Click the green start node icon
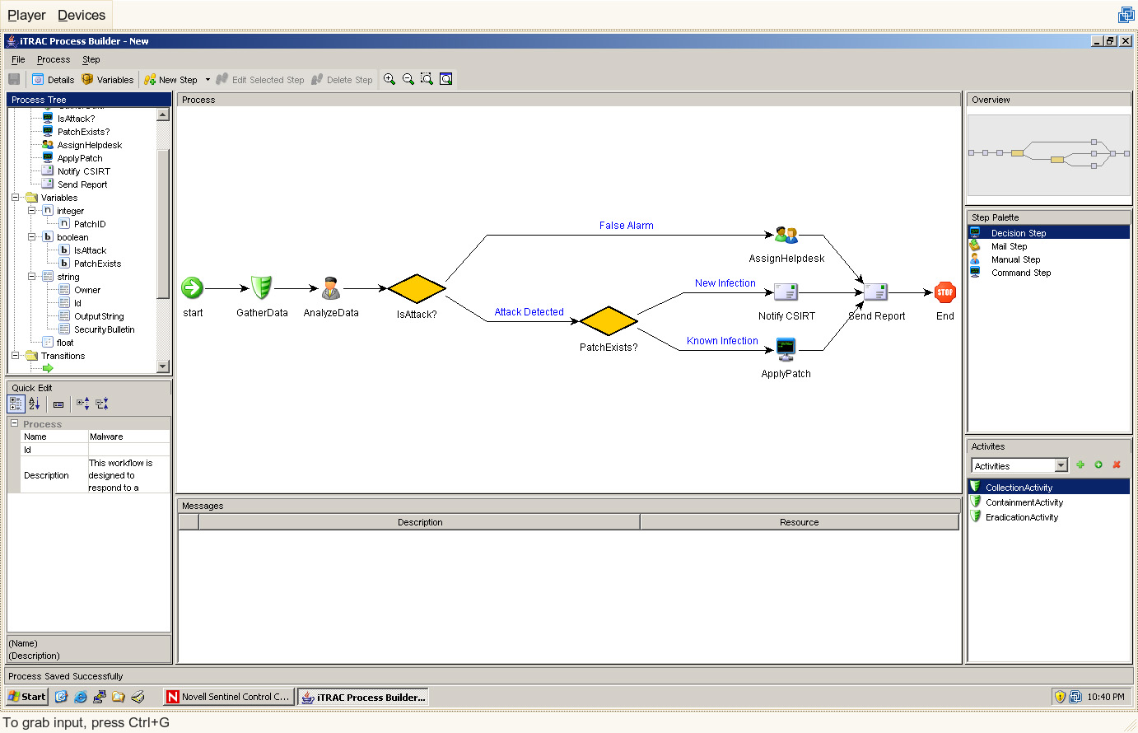coord(192,287)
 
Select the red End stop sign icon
coord(945,292)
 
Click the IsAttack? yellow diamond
coord(416,288)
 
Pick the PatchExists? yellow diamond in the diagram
coord(609,321)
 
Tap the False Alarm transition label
coord(626,226)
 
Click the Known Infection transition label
coord(722,341)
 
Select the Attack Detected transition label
coord(529,312)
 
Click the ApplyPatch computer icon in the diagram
coord(786,349)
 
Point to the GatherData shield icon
coord(261,287)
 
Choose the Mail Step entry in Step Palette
coord(1009,246)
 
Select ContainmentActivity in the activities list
coord(1024,502)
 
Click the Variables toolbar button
coord(108,80)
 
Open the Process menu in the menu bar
coord(54,59)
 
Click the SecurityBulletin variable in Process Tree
coord(104,329)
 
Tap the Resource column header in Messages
coord(799,522)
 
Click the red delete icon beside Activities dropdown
coord(1117,465)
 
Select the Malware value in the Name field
coord(106,437)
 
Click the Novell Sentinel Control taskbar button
coord(228,697)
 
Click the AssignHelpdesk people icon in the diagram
coord(786,235)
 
